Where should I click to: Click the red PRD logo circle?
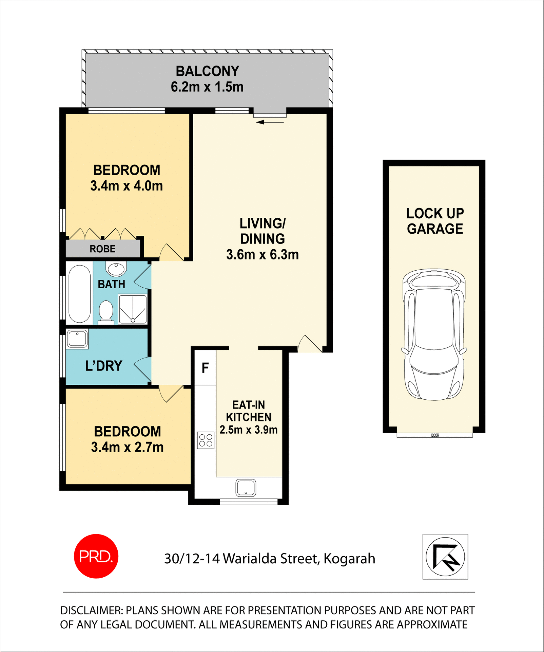[96, 556]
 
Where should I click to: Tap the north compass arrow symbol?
[445, 557]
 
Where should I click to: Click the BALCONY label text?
[207, 71]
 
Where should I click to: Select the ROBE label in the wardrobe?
[102, 249]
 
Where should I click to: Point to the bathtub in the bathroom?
[79, 294]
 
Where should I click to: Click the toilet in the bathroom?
[106, 311]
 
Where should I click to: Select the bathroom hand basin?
[116, 269]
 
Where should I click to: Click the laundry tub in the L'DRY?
[77, 339]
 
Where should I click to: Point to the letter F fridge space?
[205, 368]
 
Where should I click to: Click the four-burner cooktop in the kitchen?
[206, 440]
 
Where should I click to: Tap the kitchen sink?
[246, 488]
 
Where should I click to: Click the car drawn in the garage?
[434, 334]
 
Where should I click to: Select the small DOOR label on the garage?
[435, 435]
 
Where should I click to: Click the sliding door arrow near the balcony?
[270, 122]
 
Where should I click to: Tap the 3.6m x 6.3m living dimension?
[262, 255]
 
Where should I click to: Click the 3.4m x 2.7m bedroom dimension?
[127, 447]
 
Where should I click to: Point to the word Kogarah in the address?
[349, 559]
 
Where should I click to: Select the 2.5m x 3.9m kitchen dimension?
[249, 430]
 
